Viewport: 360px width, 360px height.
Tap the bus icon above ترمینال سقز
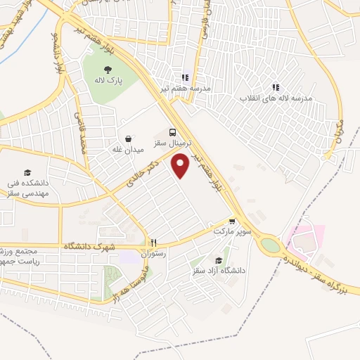(x=173, y=132)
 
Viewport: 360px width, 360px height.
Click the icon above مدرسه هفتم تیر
(x=184, y=77)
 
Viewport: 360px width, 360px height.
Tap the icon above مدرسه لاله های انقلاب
(x=276, y=88)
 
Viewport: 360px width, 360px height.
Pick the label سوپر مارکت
(x=230, y=230)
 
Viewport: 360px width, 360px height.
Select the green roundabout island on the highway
(x=269, y=245)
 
